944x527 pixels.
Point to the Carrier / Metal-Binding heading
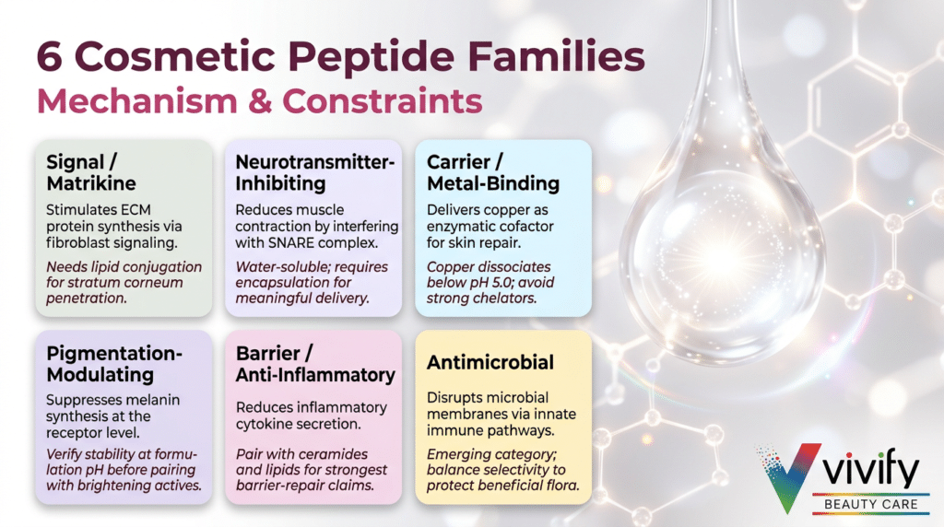[x=493, y=172]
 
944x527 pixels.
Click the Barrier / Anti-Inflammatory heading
[x=315, y=363]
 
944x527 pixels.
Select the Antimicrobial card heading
[x=490, y=362]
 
